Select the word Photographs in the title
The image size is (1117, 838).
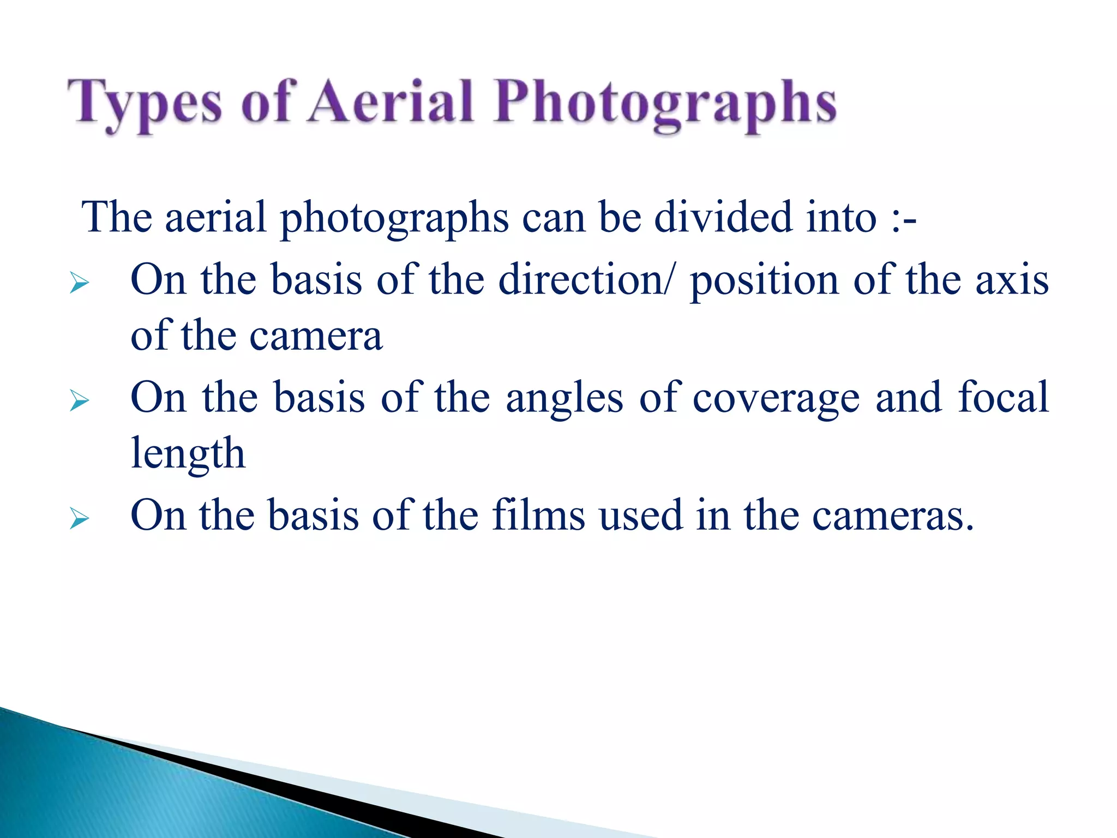tap(665, 104)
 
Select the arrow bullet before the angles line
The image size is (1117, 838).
tap(80, 402)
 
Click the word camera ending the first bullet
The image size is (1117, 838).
tap(316, 337)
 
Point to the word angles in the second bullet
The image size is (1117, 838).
tap(564, 399)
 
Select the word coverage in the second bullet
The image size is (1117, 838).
tap(776, 399)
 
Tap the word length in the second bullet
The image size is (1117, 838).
tap(188, 454)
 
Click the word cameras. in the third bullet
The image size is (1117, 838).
tap(893, 516)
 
